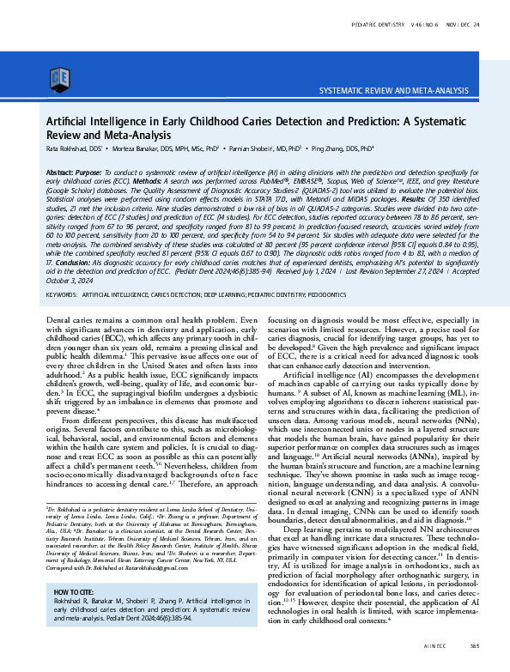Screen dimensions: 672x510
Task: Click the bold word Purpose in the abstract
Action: [90, 173]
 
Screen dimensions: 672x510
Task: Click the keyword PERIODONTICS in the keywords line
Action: [326, 294]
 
